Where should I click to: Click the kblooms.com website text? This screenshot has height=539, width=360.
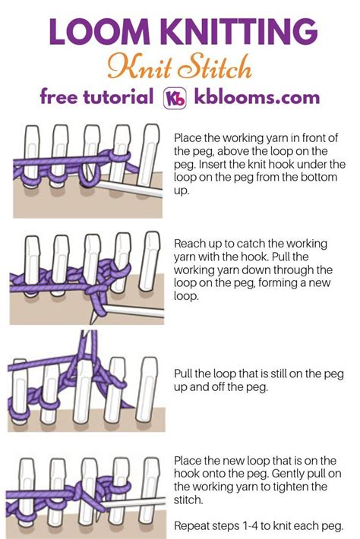click(x=257, y=98)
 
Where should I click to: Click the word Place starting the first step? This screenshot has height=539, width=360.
click(x=188, y=138)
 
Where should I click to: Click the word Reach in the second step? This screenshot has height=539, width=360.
click(x=190, y=244)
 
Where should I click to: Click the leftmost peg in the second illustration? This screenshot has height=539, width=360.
click(x=30, y=262)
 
